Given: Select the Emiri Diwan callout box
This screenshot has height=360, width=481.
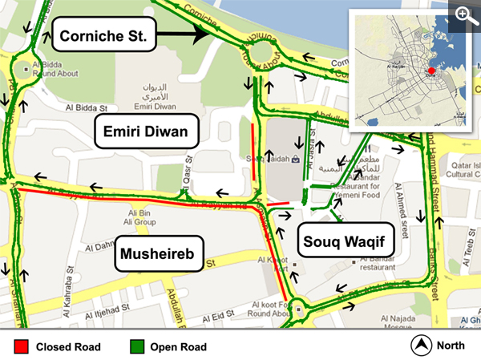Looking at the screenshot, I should (147, 131).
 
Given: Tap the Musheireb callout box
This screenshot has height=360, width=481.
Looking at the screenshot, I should (157, 255).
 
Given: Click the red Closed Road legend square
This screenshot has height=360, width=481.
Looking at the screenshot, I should (22, 346).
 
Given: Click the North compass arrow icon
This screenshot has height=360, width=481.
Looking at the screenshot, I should (421, 346).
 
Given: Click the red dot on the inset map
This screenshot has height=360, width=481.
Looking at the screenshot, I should (430, 71).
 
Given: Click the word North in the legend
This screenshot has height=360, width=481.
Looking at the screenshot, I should (452, 346).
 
